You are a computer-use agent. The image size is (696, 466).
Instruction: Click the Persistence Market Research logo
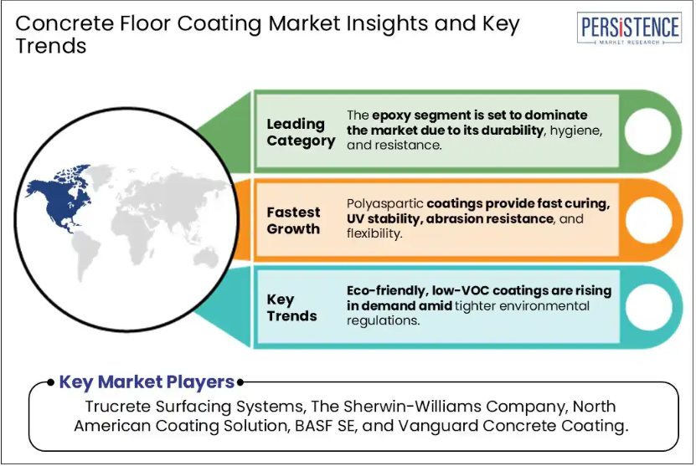(x=630, y=28)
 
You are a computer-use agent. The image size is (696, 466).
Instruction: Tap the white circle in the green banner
(x=647, y=131)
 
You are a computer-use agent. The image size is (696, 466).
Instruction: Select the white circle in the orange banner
(x=648, y=220)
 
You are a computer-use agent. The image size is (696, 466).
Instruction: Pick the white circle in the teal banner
(x=649, y=307)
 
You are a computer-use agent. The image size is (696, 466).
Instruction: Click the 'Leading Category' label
(x=301, y=132)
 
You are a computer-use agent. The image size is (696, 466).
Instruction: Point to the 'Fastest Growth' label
(x=293, y=220)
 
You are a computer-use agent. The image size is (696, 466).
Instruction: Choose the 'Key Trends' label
(x=291, y=308)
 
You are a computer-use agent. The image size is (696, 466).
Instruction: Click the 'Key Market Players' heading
(x=147, y=382)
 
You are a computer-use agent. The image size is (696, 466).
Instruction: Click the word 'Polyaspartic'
(x=384, y=204)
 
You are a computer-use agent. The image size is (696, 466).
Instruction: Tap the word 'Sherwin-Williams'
(x=413, y=407)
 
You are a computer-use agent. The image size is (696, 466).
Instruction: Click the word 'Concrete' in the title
(x=64, y=23)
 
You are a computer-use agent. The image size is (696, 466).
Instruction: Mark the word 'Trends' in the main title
(x=50, y=46)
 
